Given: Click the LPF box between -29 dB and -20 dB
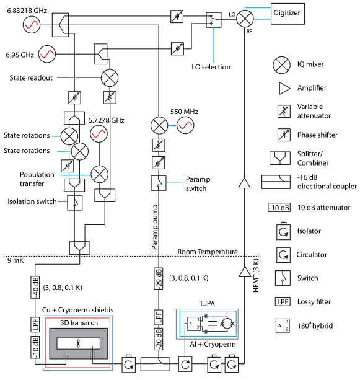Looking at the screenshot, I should coord(159,317).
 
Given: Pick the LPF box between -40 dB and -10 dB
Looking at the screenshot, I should coord(35,324).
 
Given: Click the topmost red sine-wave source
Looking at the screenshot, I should coord(32,25).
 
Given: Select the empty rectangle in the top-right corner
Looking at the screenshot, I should coord(288,14).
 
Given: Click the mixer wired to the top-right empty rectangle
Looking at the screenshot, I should coord(245,19).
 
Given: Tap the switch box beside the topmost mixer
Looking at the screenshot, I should coord(214,19).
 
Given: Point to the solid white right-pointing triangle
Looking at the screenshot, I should coord(284,89).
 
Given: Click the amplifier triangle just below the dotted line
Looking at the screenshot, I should coord(245,272).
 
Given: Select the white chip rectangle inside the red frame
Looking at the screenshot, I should coord(78,343).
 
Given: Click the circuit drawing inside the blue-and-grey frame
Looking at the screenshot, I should coord(208,324).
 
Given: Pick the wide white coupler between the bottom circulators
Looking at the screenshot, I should coord(155,363).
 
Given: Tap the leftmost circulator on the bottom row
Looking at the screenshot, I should coord(129,364).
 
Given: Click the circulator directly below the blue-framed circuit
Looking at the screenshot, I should coord(185,364).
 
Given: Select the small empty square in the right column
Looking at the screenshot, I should coord(283,325).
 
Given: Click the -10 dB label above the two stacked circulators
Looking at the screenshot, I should coord(279,208).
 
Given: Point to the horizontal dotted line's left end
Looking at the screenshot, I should coord(4,256).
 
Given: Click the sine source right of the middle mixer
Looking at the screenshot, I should coord(185,125).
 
